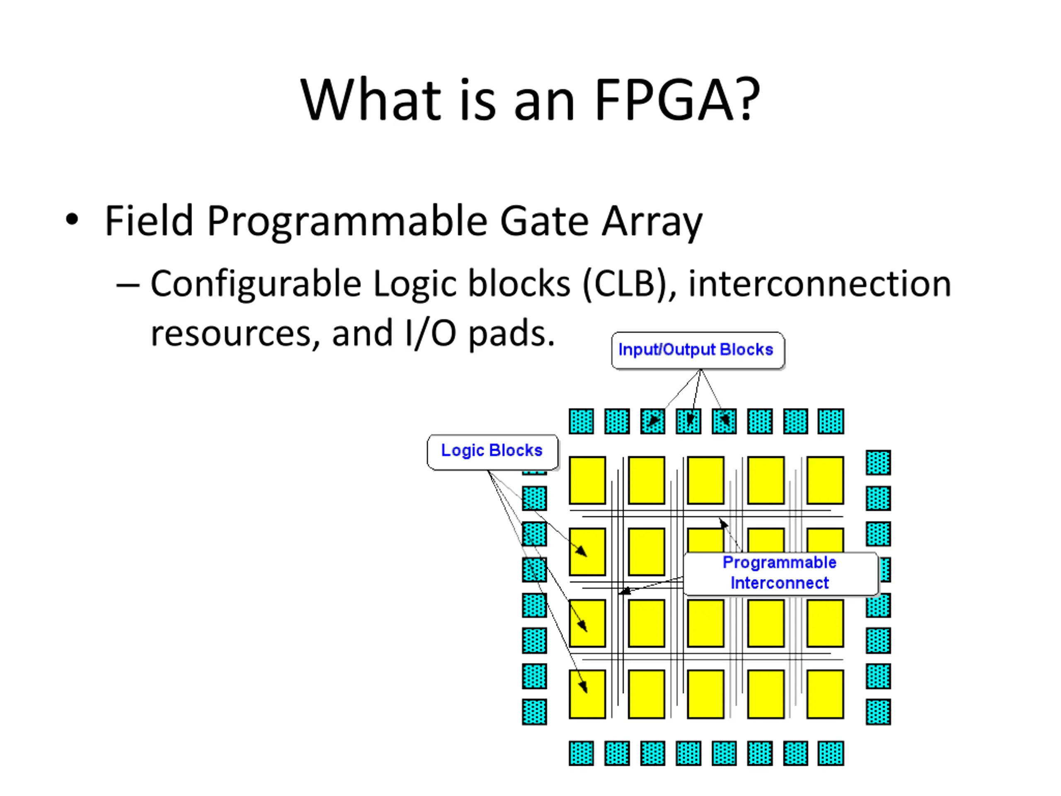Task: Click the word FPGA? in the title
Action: (x=677, y=99)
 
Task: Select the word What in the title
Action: (x=370, y=99)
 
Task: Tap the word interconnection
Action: (x=820, y=284)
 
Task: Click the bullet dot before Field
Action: (x=72, y=219)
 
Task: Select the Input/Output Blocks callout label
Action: (x=698, y=350)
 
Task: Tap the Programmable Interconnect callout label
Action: (x=780, y=573)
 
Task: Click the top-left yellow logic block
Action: (x=587, y=480)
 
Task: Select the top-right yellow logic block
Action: (x=825, y=480)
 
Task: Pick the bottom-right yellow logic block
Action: (x=825, y=694)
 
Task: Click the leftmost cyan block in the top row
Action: (x=581, y=421)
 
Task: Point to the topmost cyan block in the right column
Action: (x=878, y=463)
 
